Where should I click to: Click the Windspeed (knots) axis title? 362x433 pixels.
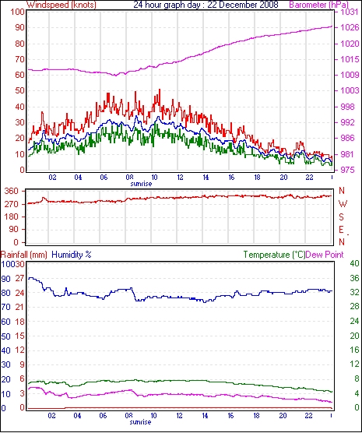62,5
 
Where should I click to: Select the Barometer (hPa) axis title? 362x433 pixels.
318,5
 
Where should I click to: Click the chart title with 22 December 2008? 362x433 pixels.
206,5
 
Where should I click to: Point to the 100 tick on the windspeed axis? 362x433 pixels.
18,12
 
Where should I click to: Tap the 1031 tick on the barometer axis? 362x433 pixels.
350,12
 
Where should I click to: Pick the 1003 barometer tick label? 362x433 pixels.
350,90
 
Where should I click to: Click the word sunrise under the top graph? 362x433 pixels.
141,184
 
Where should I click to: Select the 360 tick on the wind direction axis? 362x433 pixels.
12,191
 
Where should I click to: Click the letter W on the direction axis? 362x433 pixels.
343,204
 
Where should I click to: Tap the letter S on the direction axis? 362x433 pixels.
341,217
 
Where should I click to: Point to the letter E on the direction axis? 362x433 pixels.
341,230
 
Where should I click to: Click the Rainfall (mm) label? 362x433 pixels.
24,255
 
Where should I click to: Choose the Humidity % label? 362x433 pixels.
72,255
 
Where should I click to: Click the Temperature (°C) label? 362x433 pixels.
274,255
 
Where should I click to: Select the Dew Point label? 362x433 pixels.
325,255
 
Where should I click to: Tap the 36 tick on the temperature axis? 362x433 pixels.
354,278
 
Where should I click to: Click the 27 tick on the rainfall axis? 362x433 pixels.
20,278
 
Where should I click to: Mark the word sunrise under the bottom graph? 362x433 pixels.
141,422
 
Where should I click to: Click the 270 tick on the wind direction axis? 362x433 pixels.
12,204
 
